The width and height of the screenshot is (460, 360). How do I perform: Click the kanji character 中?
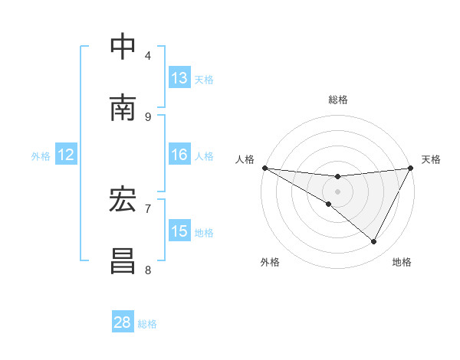pos(123,47)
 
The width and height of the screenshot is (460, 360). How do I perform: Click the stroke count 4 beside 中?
pos(148,55)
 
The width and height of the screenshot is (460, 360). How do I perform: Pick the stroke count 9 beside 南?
pos(148,116)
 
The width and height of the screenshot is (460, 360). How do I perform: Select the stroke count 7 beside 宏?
pos(148,208)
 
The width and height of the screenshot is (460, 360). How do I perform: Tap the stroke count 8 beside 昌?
pos(148,270)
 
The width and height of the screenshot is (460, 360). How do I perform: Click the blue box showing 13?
pos(179,78)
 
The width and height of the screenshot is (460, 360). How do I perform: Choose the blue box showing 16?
pos(179,155)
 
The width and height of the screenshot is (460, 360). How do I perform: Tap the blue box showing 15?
pos(179,231)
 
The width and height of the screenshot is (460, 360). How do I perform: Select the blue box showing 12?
pos(66,155)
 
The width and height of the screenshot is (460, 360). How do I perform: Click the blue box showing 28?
pos(123,322)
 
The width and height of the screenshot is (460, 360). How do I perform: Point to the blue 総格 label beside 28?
pos(147,324)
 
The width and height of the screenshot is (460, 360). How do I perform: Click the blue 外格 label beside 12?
pos(41,156)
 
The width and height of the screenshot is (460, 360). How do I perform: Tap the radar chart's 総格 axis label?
pos(338,100)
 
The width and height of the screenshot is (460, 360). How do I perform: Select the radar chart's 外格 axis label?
pos(270,262)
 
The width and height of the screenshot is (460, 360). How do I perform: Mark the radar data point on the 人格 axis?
pos(264,167)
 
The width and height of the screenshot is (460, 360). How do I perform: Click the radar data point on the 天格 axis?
pos(411,168)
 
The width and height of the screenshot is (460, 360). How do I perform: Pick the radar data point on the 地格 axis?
pos(374,242)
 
